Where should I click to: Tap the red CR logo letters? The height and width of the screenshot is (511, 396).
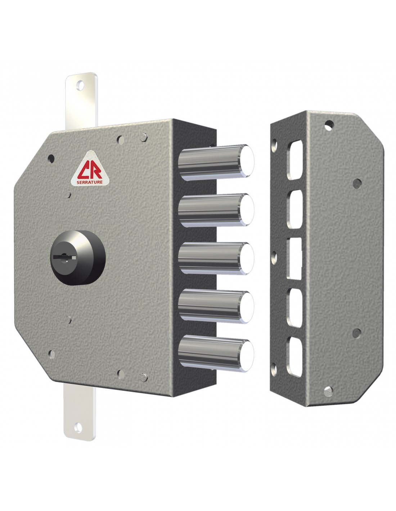coord(90,171)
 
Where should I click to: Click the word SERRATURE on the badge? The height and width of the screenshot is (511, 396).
coord(90,182)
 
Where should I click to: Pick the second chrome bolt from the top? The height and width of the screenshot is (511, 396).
coord(216,210)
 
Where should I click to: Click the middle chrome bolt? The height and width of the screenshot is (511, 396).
coord(216,258)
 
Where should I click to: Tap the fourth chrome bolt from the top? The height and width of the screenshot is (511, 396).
coord(216,307)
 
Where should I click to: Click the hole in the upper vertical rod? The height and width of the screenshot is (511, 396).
coord(80,86)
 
